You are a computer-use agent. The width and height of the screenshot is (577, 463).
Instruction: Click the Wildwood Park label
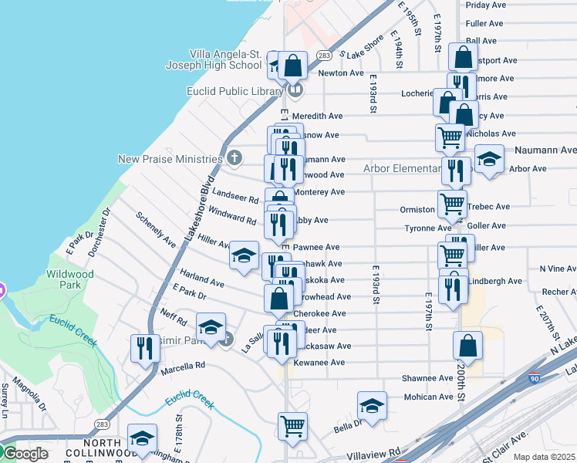[x=69, y=279]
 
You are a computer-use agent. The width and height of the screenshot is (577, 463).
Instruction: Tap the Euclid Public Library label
[x=235, y=91]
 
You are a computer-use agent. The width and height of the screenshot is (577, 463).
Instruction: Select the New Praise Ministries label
[x=170, y=159]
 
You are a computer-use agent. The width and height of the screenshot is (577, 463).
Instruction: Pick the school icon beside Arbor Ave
[x=488, y=160]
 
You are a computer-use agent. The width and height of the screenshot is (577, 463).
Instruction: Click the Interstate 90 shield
[x=535, y=379]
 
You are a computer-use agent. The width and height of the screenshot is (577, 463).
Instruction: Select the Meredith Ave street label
[x=317, y=116]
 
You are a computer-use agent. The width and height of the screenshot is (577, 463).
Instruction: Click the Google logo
[x=25, y=454]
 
